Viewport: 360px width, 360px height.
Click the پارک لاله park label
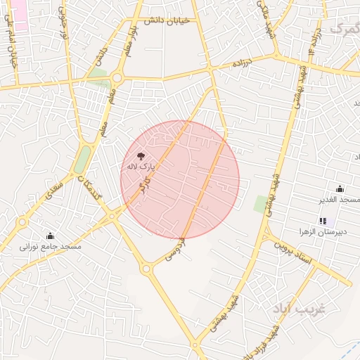coord(139,167)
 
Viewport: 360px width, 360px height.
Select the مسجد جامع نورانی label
coord(50,247)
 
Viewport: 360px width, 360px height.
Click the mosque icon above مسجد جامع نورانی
coord(50,236)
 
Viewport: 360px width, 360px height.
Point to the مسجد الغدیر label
coord(340,200)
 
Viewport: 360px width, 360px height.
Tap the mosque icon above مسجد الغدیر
coord(340,188)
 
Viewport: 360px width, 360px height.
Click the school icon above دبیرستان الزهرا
coord(323,221)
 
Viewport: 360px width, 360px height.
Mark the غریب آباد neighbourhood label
coord(300,309)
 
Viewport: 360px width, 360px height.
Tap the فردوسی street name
coord(174,250)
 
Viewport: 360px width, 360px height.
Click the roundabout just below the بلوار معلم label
coord(117,78)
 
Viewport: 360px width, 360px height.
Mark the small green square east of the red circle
coord(261,205)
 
